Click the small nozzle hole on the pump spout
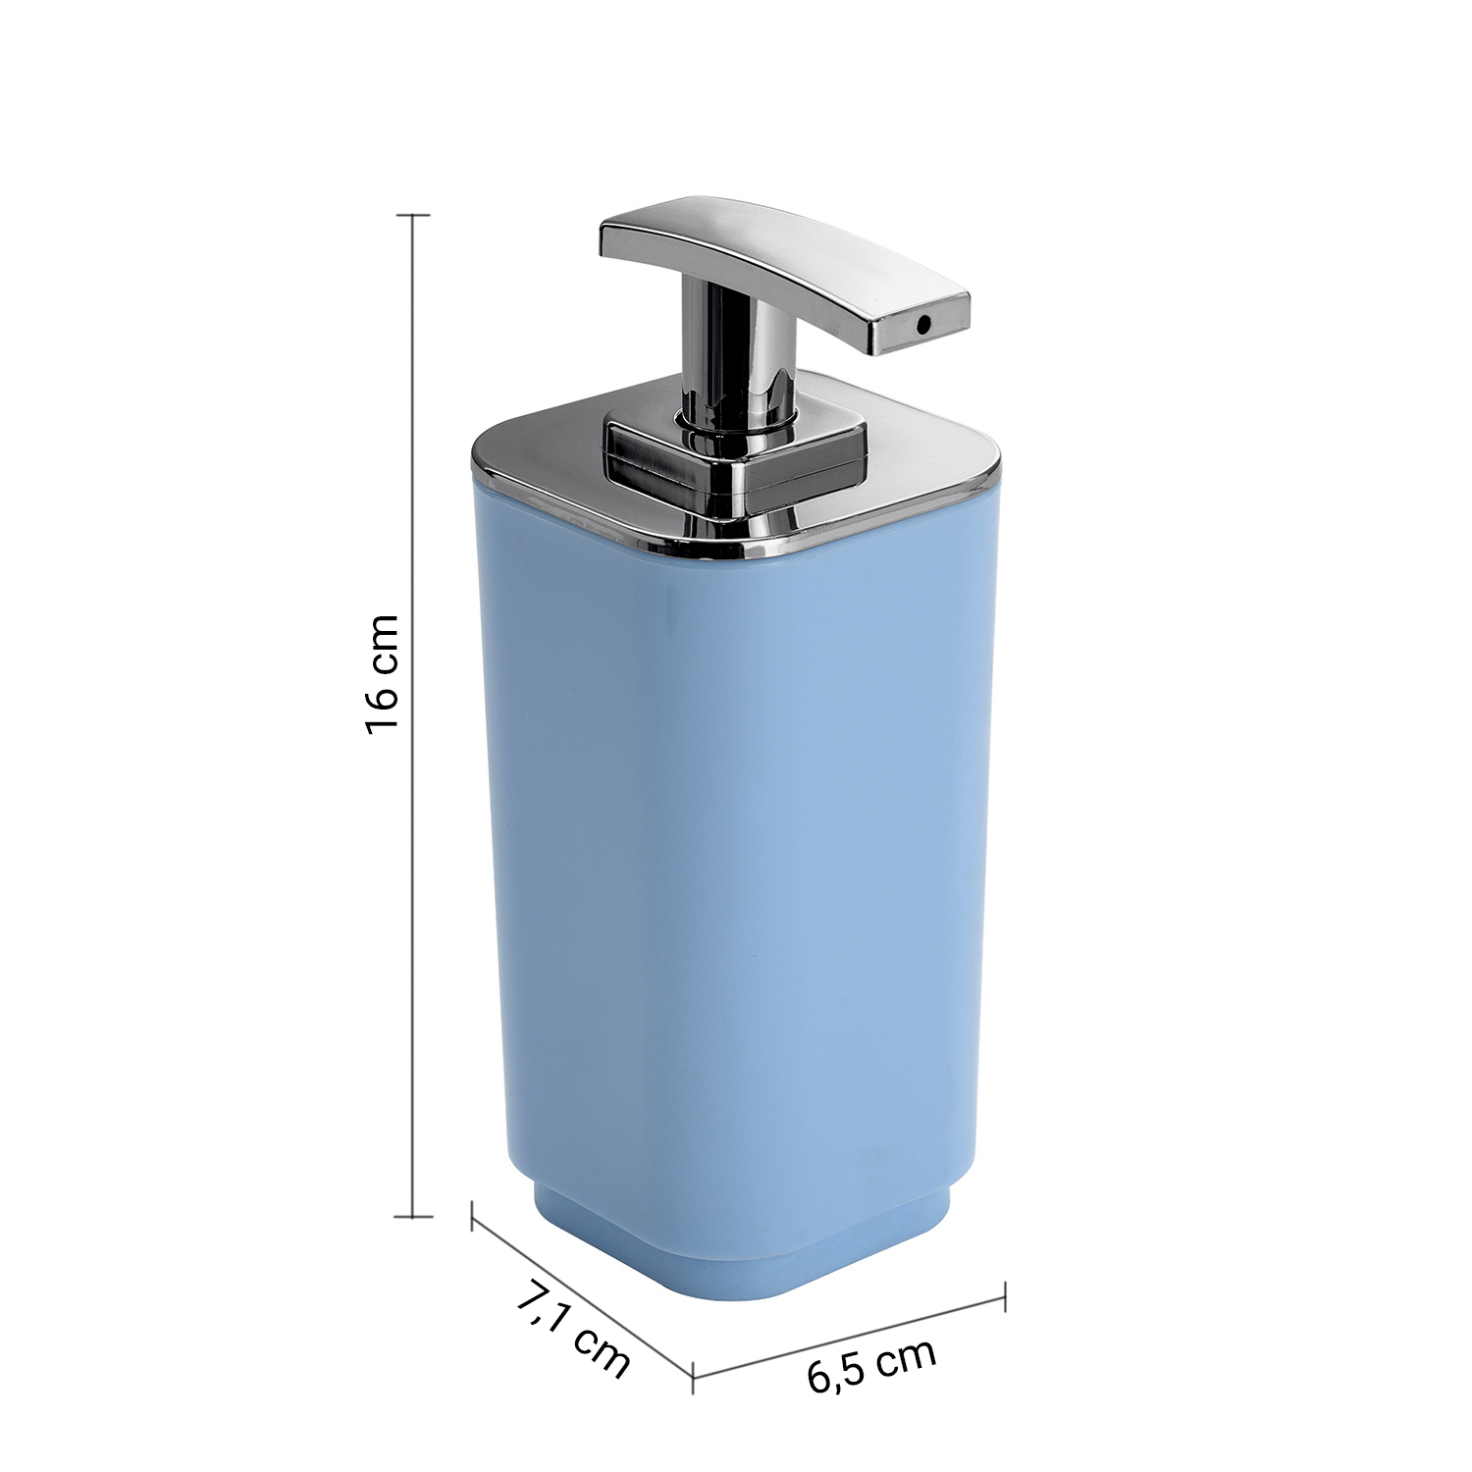923,323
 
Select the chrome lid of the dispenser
736,481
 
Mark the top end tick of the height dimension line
412,214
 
